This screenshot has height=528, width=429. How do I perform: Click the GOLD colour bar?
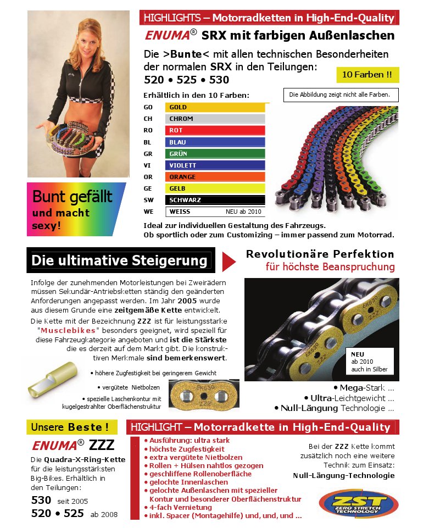coord(215,107)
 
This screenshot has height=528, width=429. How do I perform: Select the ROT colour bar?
coord(215,130)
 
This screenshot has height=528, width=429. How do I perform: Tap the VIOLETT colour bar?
coord(215,165)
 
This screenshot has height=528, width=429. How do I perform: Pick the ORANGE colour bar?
coord(215,177)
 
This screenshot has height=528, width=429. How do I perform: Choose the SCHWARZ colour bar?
coord(215,200)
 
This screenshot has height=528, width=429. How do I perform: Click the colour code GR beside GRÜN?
coord(148,154)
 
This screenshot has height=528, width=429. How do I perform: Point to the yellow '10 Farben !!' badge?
coord(367,74)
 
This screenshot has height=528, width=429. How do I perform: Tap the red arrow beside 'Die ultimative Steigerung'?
coord(229,261)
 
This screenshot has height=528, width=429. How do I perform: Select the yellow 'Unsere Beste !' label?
coord(74,427)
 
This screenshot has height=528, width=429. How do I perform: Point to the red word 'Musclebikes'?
coord(69,330)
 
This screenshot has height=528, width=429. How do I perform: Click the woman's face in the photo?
coord(77,36)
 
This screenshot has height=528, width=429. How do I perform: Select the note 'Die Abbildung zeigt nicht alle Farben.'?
coord(340,95)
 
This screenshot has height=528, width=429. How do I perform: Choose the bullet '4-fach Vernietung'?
coord(173,507)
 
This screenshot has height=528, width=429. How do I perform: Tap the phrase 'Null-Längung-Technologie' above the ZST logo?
coord(344,475)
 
